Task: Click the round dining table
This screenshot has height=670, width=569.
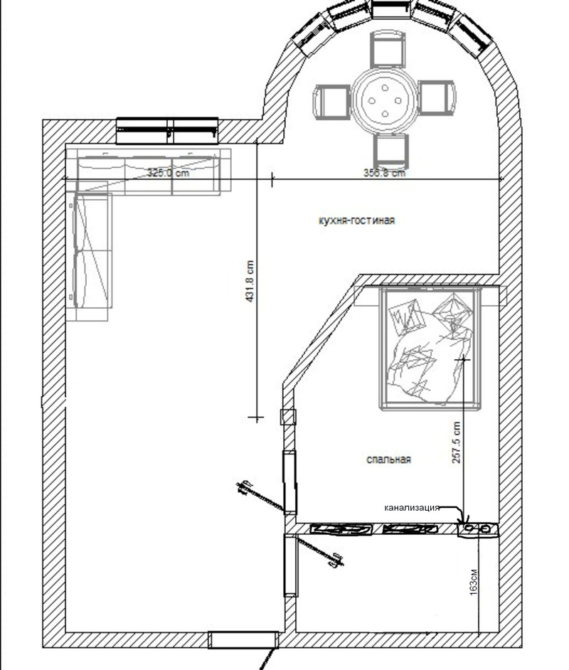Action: click(385, 100)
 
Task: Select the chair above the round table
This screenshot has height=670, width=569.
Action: click(388, 49)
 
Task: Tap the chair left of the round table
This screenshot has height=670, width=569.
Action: click(332, 102)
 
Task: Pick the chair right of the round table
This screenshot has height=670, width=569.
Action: click(436, 97)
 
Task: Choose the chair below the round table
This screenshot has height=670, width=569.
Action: click(391, 150)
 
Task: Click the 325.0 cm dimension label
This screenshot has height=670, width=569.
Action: click(169, 173)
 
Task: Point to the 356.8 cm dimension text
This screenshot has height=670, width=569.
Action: click(384, 173)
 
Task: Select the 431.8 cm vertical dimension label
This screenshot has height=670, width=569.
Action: click(250, 281)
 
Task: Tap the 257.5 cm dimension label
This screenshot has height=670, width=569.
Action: click(456, 442)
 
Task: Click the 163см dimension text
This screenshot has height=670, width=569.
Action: click(473, 582)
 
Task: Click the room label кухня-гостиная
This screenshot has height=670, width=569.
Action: click(357, 220)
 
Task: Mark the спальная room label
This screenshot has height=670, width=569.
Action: click(389, 459)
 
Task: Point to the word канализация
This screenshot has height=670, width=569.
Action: click(412, 508)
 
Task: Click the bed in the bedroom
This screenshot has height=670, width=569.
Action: click(430, 349)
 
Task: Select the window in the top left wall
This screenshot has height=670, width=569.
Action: click(167, 131)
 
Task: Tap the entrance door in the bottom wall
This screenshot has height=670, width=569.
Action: click(243, 639)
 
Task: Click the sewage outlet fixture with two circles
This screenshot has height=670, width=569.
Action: click(477, 529)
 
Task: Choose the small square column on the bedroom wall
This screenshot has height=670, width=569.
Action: click(288, 417)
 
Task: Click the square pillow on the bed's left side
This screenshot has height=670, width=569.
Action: click(407, 317)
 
